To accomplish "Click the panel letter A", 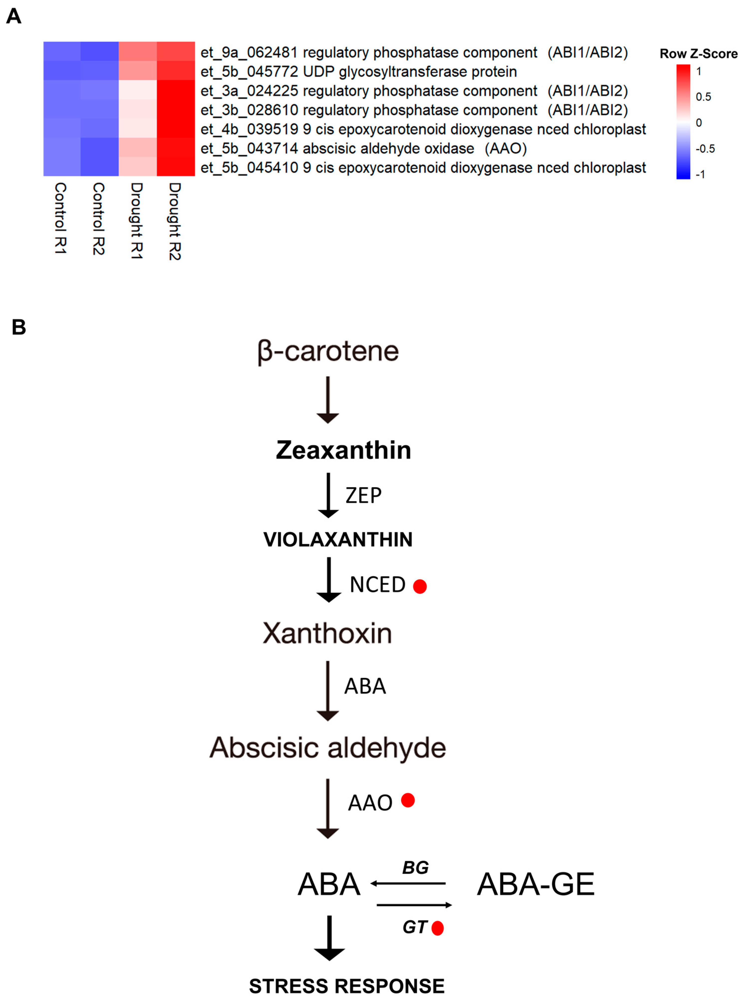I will pos(13,17).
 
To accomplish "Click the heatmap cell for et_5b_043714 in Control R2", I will pos(100,147).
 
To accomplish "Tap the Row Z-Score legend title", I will pos(698,54).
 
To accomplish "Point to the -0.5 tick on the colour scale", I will pos(705,149).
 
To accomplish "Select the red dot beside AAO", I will pos(408,800).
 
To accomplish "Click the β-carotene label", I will pos(328,352).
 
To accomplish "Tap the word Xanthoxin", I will pos(327,633).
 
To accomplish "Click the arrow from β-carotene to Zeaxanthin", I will pos(328,399).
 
